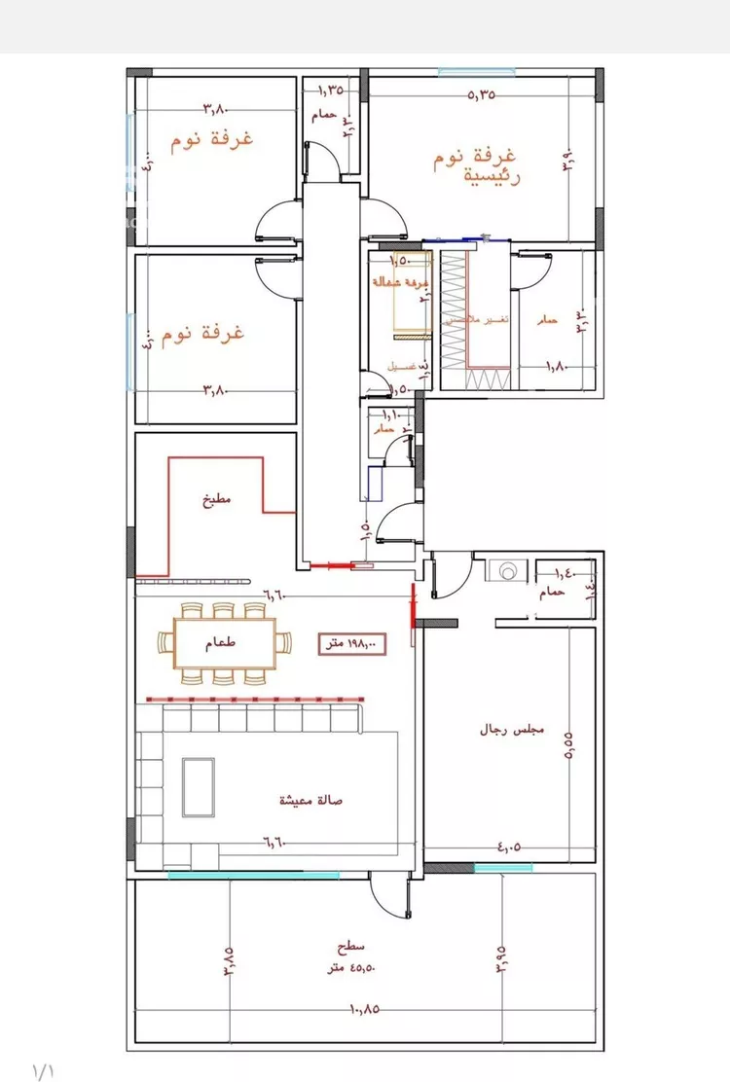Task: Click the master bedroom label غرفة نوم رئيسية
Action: click(476, 166)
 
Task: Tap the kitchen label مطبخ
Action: click(215, 502)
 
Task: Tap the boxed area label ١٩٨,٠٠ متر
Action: click(352, 643)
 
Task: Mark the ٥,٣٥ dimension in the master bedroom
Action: click(482, 95)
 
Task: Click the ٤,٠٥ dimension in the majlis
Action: click(508, 847)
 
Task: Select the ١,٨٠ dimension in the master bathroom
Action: click(556, 366)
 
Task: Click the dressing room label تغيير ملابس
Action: click(474, 319)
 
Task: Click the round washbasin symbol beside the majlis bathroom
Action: click(506, 572)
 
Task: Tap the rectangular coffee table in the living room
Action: click(200, 788)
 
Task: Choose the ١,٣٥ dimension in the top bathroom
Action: click(331, 90)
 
